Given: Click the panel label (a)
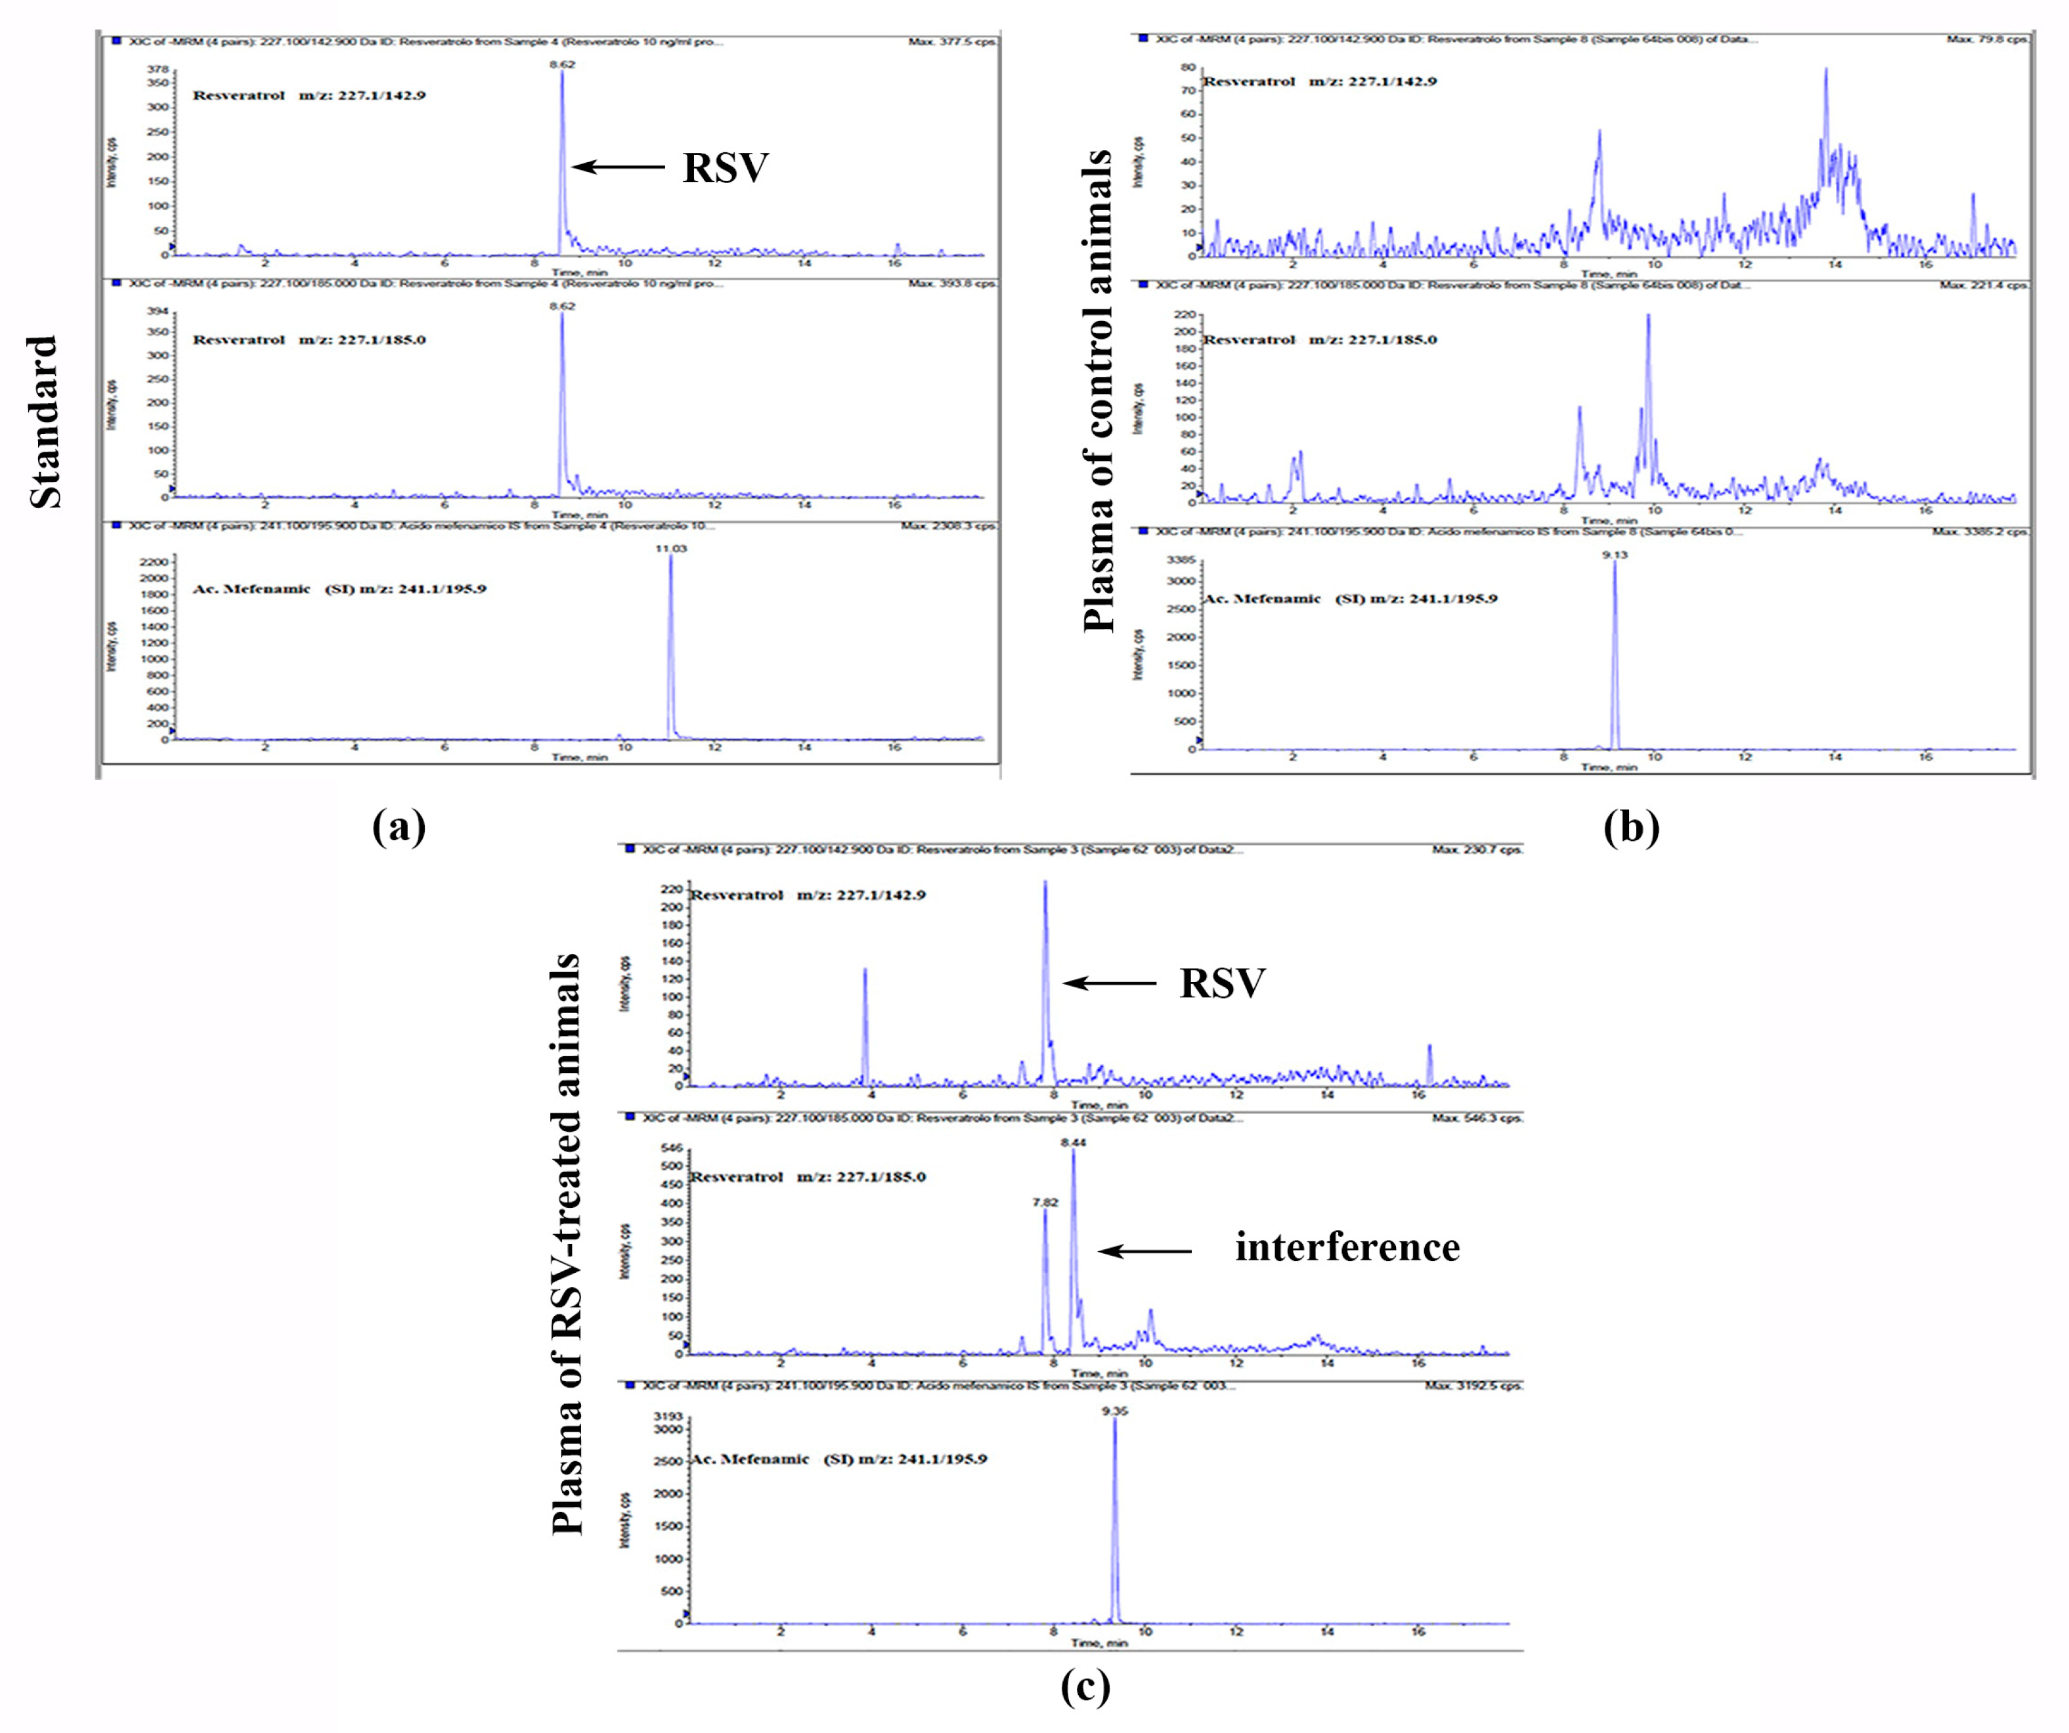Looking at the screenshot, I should click(399, 826).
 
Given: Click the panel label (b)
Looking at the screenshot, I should click(1630, 826).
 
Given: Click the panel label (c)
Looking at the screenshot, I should click(1085, 1686).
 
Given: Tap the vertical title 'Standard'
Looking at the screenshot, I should click(45, 421).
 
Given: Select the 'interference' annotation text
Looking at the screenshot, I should click(1347, 1247).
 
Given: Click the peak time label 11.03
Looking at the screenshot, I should click(671, 547).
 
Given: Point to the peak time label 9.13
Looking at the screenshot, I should click(1615, 555).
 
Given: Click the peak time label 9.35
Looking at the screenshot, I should click(1114, 1411).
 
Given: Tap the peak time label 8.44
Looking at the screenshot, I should click(1073, 1142).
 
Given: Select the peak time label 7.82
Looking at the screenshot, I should click(1045, 1202).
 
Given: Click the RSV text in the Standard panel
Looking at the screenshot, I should click(725, 167).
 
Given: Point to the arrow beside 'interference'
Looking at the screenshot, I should click(1145, 1251).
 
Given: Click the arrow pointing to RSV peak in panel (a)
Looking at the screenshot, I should click(618, 167).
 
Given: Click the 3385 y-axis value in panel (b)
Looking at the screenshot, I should click(1181, 559).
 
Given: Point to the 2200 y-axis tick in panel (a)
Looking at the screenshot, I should click(155, 561).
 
